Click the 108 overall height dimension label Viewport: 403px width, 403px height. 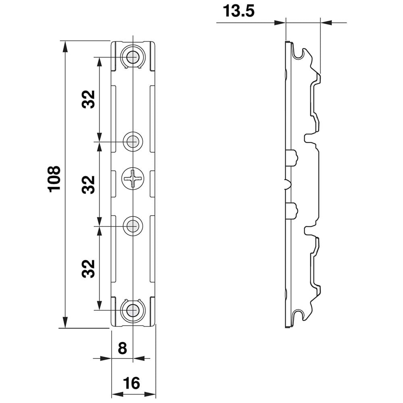[x=54, y=179]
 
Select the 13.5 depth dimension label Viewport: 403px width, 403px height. [x=239, y=11]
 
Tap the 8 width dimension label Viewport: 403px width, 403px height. [x=122, y=348]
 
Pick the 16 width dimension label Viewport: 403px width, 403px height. [x=132, y=383]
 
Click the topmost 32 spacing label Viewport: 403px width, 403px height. [x=88, y=99]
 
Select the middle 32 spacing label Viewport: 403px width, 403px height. [x=88, y=184]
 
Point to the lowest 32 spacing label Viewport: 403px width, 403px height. [x=88, y=268]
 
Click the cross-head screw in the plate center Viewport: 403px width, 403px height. [x=133, y=179]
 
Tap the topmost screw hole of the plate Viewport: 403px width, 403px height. [x=132, y=58]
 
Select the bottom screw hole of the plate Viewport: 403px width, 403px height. [x=132, y=310]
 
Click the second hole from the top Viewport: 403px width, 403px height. [x=133, y=141]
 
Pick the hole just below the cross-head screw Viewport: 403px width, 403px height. [x=133, y=226]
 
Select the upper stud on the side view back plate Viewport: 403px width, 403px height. [x=293, y=157]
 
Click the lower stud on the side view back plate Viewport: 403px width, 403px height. [x=293, y=210]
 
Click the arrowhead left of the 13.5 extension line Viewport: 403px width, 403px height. [x=280, y=23]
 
